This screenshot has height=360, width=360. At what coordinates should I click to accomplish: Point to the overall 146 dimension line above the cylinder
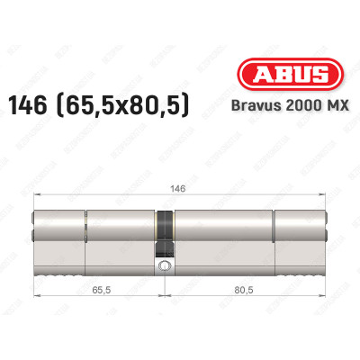pos(108,209)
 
